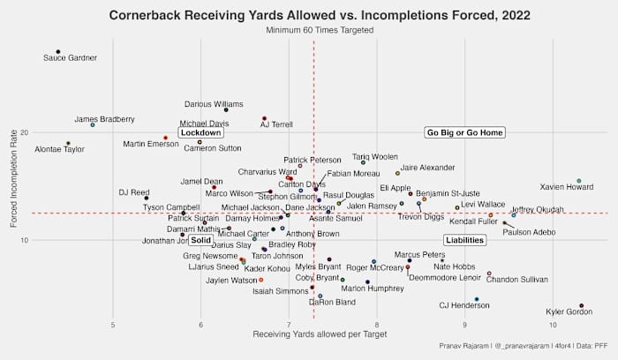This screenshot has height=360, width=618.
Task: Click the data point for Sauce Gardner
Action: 58,51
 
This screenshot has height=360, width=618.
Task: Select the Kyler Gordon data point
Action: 581,305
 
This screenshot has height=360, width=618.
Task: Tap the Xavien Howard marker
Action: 579,181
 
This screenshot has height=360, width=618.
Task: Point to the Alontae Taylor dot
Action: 68,143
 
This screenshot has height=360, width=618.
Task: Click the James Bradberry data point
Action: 93,124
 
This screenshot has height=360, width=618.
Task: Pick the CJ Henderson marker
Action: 477,299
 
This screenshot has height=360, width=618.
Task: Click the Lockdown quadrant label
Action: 200,133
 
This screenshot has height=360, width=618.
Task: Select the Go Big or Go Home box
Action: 464,133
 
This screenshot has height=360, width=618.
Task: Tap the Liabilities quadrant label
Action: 464,240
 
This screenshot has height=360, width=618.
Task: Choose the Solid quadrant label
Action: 200,240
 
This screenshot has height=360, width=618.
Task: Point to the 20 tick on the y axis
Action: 25,132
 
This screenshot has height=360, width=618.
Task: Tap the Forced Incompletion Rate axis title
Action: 12,186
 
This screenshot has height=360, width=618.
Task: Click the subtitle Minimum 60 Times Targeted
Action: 320,30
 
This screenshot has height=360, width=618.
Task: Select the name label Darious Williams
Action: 213,104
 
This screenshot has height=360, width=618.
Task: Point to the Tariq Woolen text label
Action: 375,156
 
